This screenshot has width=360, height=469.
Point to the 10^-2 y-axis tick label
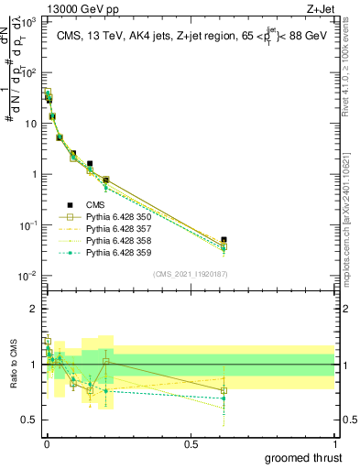point(27,276)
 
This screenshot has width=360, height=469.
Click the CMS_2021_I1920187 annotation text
point(191,274)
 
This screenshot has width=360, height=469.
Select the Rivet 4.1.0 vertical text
point(354,69)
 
